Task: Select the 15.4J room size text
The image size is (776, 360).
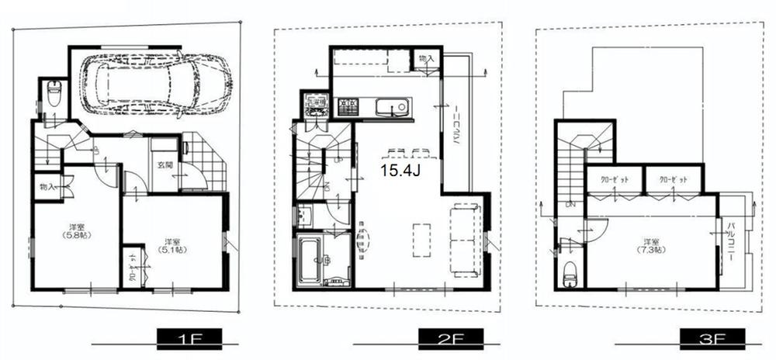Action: (400, 169)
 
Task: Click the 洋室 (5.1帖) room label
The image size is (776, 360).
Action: (172, 245)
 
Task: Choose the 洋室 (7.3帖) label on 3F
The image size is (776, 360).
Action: (650, 245)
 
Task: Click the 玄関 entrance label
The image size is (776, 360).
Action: (166, 164)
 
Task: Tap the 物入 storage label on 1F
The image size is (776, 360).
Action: (46, 187)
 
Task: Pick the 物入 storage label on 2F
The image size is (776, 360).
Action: (425, 59)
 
